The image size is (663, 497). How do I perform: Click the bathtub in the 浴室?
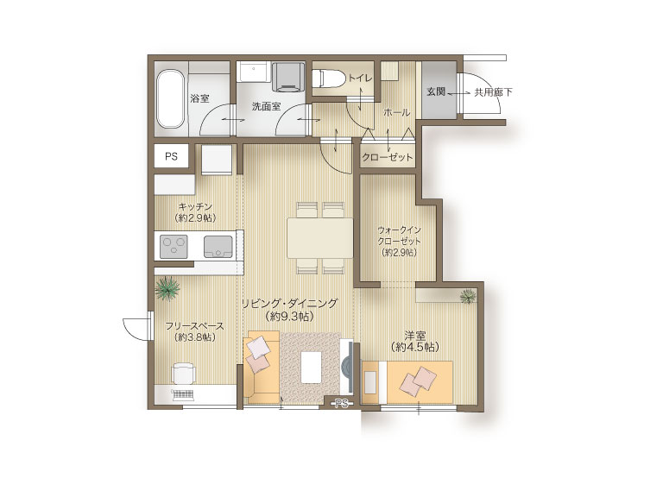coord(170,99)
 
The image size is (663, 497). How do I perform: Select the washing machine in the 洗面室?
coord(288,77)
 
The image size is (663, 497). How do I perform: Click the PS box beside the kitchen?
coord(171,156)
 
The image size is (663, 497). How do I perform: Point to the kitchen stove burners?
coord(174,246)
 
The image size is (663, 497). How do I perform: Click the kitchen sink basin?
coord(218,247)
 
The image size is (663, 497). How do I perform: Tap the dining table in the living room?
coord(320,237)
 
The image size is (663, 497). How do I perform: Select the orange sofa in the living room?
coord(262,366)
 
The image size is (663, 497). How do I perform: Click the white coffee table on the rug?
coord(312,367)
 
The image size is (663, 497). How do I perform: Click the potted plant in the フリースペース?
coord(167,289)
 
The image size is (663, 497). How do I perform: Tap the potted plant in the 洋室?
coord(468,296)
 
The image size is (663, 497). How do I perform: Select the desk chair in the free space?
coord(184,373)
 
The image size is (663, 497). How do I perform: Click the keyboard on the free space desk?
coord(183,395)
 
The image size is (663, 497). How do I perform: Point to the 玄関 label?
coord(435,91)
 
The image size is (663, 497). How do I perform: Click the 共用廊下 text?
coord(493,91)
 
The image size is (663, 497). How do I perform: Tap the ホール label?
coord(396,112)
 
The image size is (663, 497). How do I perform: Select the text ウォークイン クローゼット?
coord(399,236)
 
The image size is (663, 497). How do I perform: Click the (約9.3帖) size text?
coord(290,316)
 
